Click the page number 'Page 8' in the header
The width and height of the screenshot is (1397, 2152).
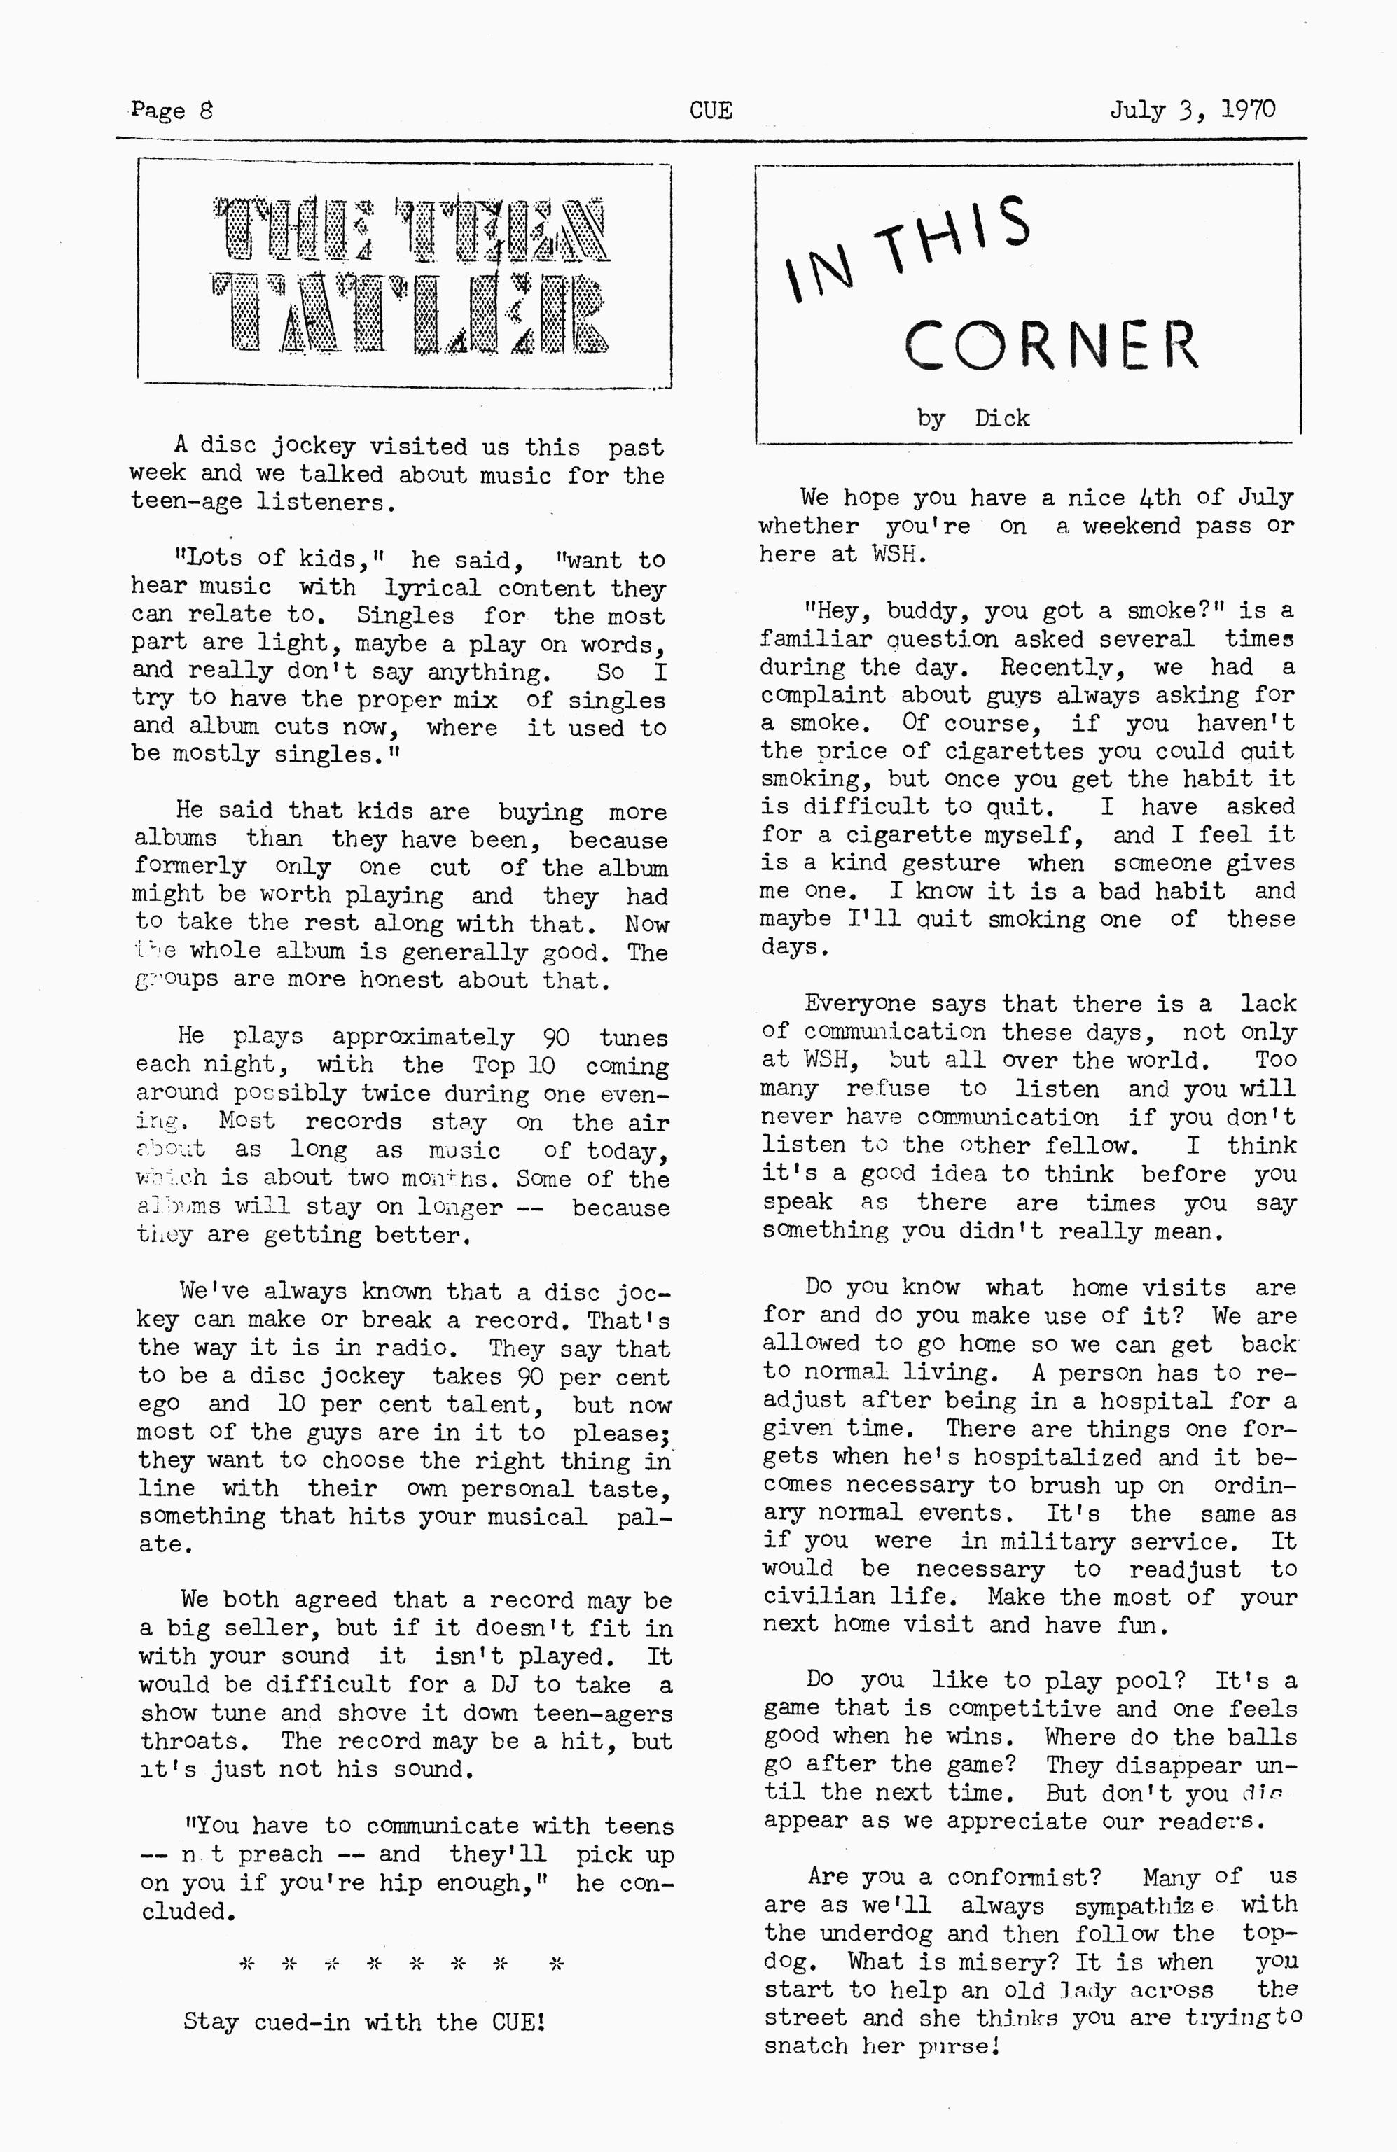click(x=172, y=111)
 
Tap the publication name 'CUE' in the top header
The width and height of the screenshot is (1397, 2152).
click(x=711, y=111)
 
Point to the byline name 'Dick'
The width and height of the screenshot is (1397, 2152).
click(x=1002, y=418)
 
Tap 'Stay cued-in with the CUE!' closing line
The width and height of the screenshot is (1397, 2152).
click(x=364, y=2021)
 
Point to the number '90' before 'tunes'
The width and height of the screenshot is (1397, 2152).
click(x=555, y=1037)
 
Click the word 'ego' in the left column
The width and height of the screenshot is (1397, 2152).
click(x=158, y=1405)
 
